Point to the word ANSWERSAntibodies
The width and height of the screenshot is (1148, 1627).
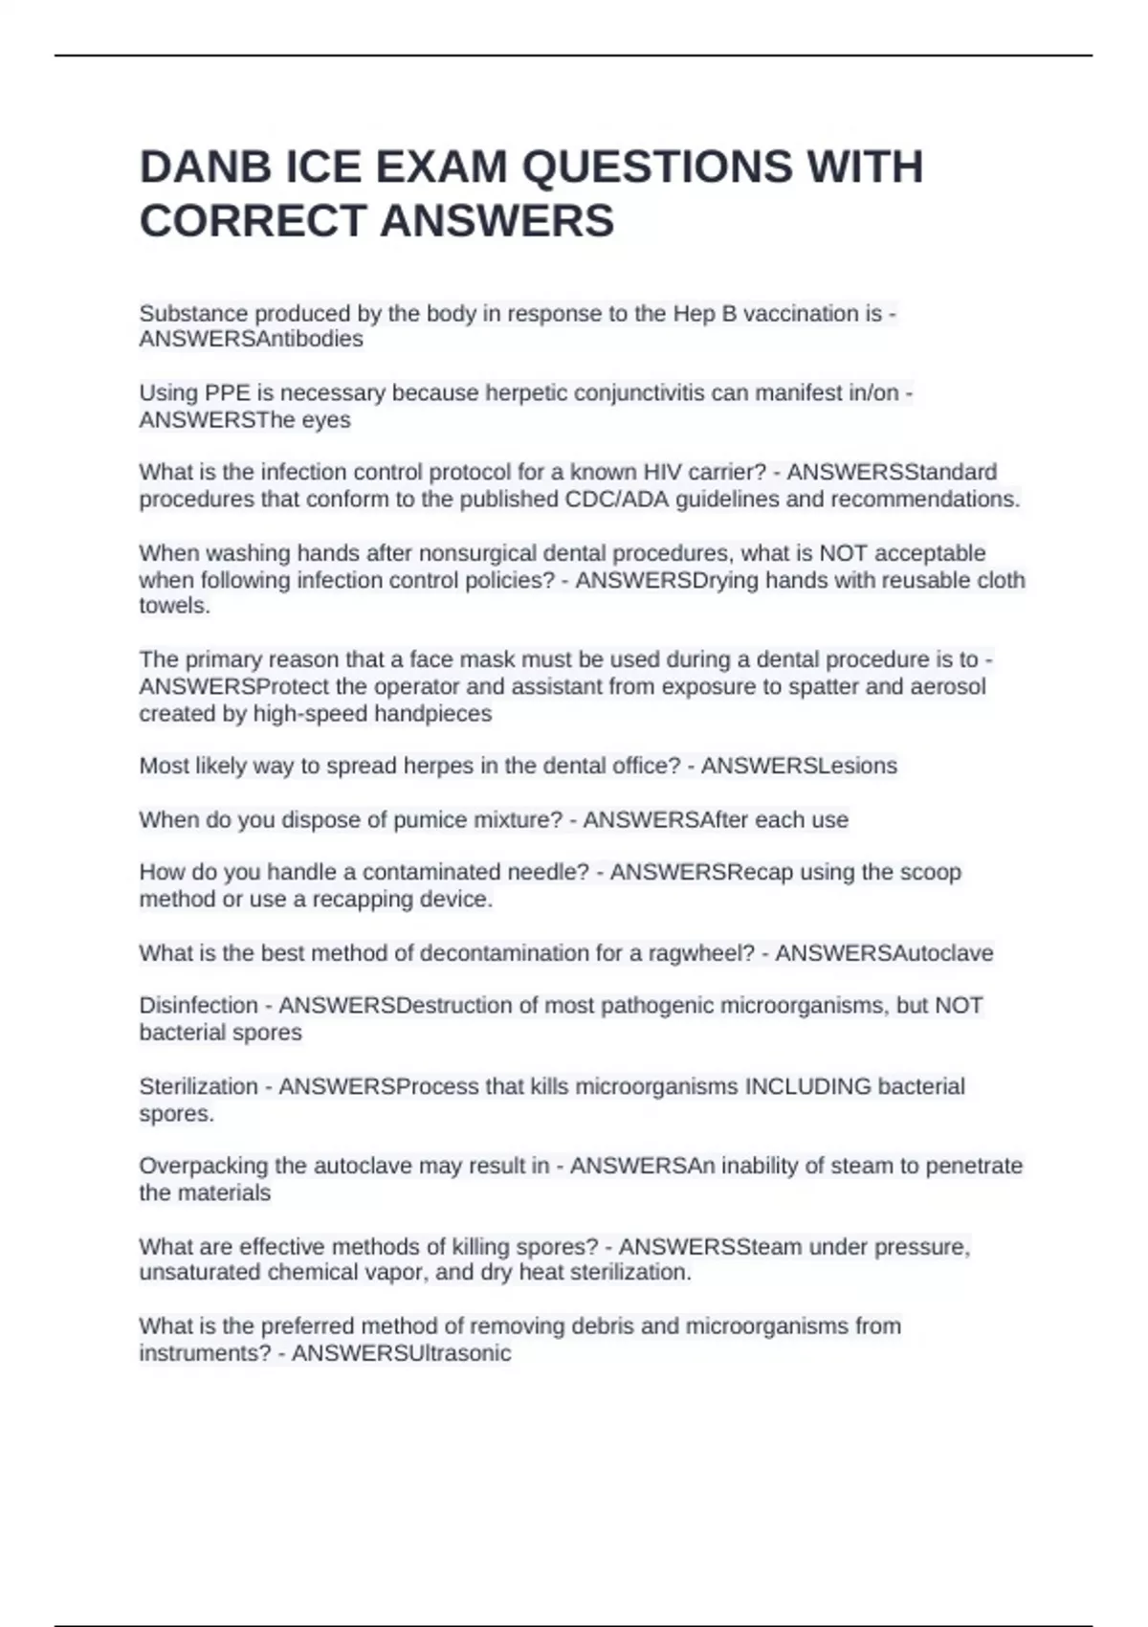point(251,339)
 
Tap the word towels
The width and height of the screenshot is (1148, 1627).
point(174,606)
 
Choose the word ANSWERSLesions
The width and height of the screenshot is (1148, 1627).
point(799,766)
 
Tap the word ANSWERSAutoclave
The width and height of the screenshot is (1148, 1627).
point(884,953)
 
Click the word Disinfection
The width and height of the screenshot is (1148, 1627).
point(198,1005)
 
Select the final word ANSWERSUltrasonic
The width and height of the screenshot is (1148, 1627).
point(401,1353)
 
